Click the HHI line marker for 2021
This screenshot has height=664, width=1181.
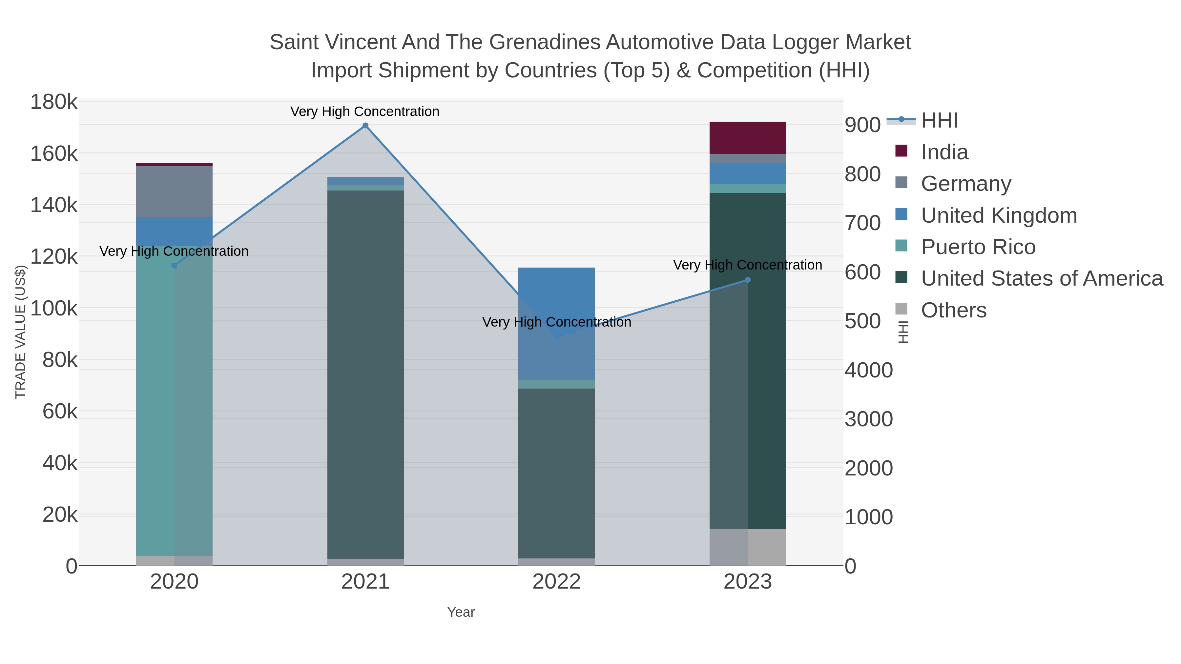(x=365, y=126)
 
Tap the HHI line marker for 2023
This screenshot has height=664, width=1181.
(x=748, y=280)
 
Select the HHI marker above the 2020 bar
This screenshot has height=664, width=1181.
(x=174, y=266)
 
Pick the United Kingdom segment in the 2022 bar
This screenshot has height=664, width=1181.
(x=557, y=323)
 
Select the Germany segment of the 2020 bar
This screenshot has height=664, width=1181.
(x=174, y=191)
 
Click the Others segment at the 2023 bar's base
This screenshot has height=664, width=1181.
(x=748, y=547)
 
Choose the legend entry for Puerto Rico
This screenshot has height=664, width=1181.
(x=978, y=247)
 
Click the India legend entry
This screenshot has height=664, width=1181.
(x=944, y=152)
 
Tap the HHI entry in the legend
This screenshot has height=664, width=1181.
(x=939, y=121)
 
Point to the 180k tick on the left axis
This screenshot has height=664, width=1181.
(x=54, y=102)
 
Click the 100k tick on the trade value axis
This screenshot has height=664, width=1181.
(x=54, y=309)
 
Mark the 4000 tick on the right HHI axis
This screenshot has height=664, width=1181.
(x=868, y=370)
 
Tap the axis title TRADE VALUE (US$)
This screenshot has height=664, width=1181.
(x=21, y=332)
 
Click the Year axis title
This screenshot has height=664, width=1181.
(x=461, y=612)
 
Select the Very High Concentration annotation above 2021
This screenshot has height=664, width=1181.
(x=365, y=111)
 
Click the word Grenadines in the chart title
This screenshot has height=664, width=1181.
(x=545, y=42)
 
